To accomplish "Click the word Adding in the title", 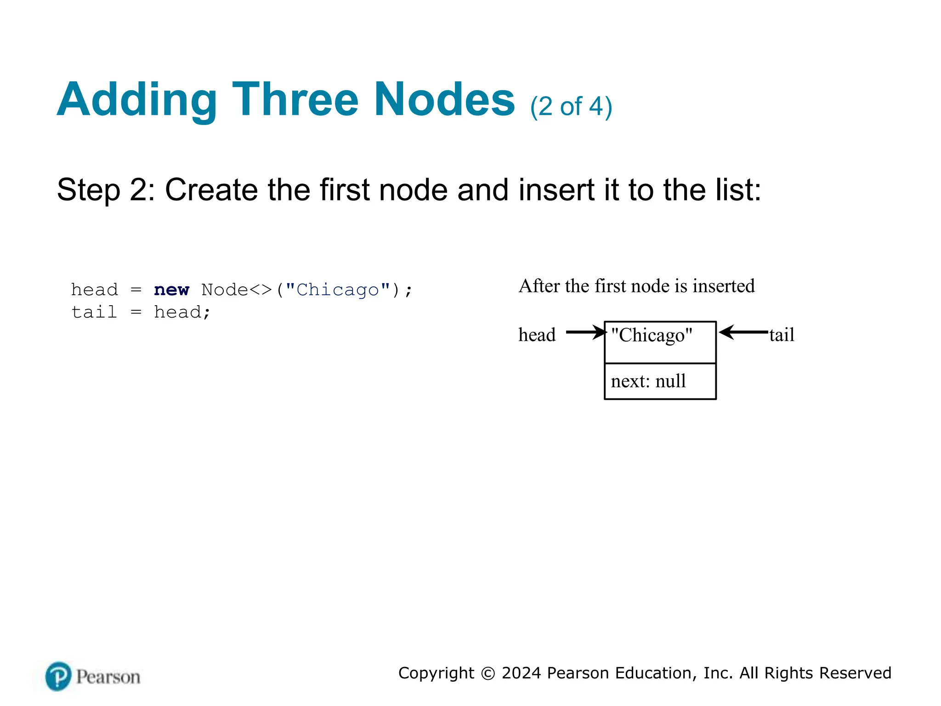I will pyautogui.click(x=136, y=100).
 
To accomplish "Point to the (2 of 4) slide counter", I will pyautogui.click(x=571, y=107).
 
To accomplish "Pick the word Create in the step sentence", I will pyautogui.click(x=211, y=190).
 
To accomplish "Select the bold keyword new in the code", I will pyautogui.click(x=171, y=290).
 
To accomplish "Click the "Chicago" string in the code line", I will pyautogui.click(x=338, y=290).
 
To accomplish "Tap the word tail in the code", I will pyautogui.click(x=94, y=313).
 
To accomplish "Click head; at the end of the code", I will pyautogui.click(x=182, y=313).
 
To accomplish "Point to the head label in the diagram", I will pyautogui.click(x=537, y=335).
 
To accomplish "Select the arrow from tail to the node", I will pyautogui.click(x=743, y=332).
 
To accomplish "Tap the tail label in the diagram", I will pyautogui.click(x=782, y=335).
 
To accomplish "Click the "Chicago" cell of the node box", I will pyautogui.click(x=660, y=342).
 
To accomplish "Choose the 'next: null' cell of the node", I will pyautogui.click(x=660, y=381).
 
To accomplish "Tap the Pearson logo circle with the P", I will pyautogui.click(x=58, y=676).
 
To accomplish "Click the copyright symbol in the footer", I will pyautogui.click(x=488, y=673).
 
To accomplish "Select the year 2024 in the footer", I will pyautogui.click(x=522, y=673).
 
